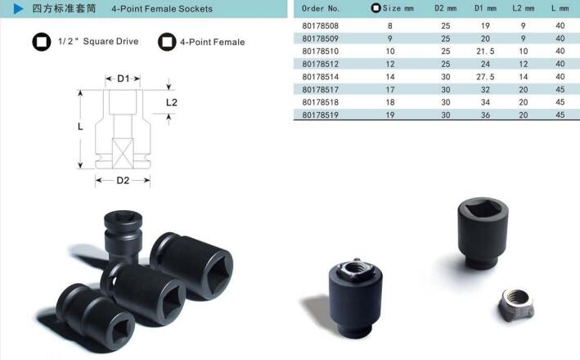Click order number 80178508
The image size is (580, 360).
[x=321, y=25]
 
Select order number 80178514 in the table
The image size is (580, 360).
[x=321, y=77]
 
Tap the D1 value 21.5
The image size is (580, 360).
[x=485, y=51]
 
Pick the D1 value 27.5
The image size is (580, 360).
[x=485, y=77]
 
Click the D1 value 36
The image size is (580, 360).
[x=485, y=115]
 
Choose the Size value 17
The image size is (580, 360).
[x=390, y=89]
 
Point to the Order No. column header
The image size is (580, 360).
[x=321, y=8]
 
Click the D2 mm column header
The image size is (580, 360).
[x=445, y=8]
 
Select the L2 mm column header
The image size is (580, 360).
[x=523, y=8]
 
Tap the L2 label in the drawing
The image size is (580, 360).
[x=172, y=102]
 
